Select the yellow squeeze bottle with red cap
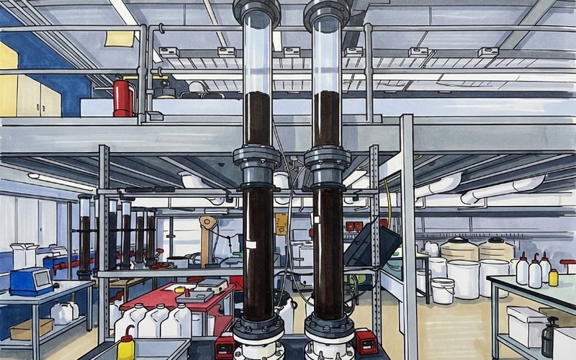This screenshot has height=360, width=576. (126, 346)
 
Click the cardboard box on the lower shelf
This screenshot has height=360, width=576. (31, 329)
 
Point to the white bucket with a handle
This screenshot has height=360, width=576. (442, 290)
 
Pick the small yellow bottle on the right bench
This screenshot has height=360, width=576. (553, 277)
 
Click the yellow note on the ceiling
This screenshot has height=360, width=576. (120, 39)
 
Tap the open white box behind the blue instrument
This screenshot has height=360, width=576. (24, 255)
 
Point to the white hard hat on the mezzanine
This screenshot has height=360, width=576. (196, 89)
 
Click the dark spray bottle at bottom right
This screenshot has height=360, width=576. (549, 337)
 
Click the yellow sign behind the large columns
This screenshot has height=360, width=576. (281, 223)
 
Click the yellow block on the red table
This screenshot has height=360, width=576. (179, 289)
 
